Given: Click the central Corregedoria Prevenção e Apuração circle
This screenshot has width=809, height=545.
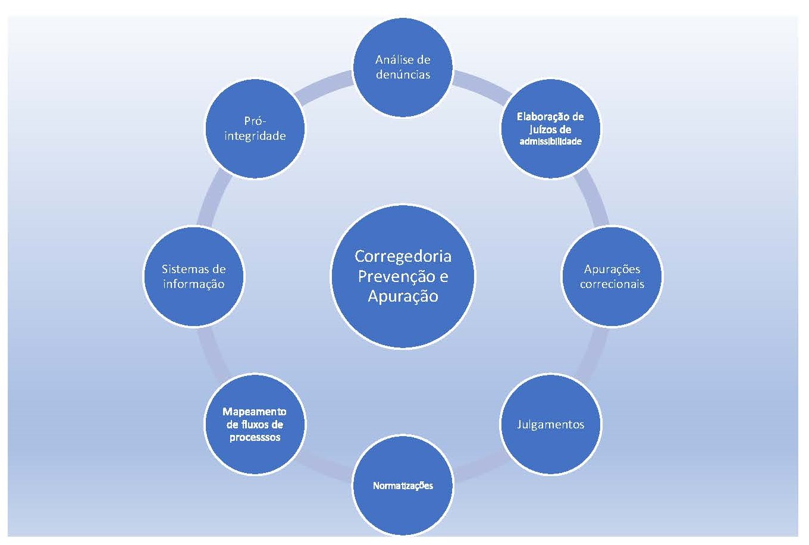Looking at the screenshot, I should click(x=403, y=276).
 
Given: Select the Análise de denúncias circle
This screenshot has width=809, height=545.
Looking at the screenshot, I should click(x=403, y=67).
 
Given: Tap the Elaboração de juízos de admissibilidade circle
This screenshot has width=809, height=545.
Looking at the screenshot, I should click(x=550, y=129).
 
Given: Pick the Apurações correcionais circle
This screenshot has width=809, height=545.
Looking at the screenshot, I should click(x=612, y=276).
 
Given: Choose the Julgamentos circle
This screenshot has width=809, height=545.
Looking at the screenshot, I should click(x=550, y=424).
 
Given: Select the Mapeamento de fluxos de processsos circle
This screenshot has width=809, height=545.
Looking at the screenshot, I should click(x=255, y=424).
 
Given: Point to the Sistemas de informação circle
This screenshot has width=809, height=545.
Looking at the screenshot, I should click(x=193, y=276).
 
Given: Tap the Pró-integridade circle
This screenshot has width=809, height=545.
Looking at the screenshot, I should click(x=255, y=129).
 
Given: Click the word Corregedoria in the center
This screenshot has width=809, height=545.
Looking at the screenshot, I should click(x=403, y=256).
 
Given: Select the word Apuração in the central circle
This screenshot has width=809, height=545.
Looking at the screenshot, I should click(x=403, y=296).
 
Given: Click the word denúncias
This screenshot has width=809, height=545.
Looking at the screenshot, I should click(x=403, y=75).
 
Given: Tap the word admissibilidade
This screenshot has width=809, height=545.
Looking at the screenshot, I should click(x=550, y=142).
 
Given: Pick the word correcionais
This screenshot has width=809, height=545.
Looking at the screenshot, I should click(x=612, y=284).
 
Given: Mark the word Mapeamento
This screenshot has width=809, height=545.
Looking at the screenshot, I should click(x=255, y=411).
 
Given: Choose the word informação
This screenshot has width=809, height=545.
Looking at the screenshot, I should click(x=193, y=284).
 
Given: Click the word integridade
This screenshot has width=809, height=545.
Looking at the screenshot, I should click(x=255, y=136).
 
